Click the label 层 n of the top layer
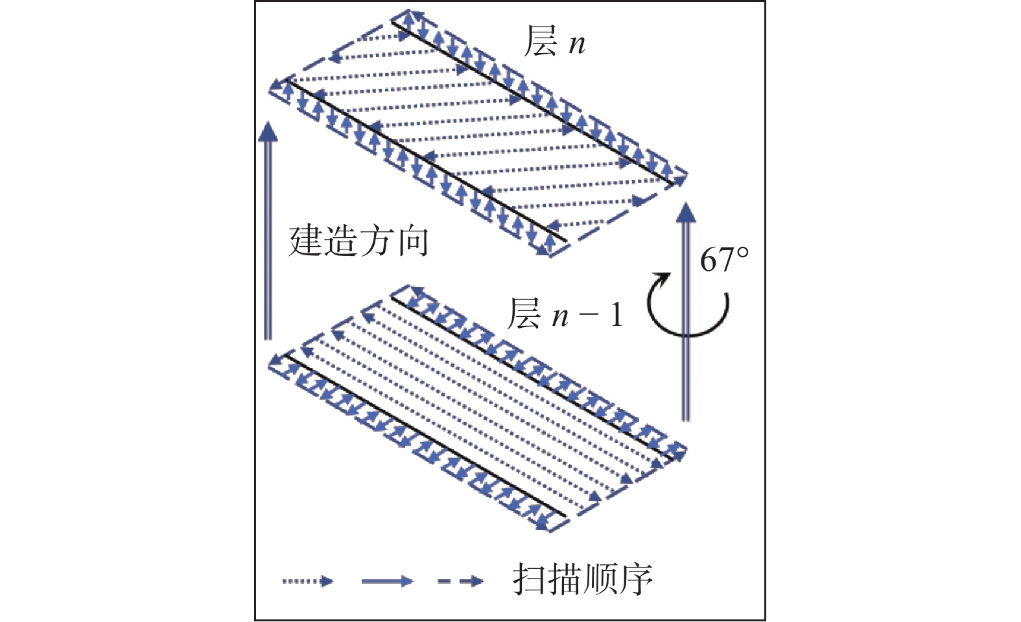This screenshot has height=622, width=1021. click(x=554, y=42)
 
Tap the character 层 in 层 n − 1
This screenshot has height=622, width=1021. click(x=524, y=314)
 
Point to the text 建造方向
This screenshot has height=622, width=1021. click(x=358, y=242)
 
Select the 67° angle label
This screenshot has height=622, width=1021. click(x=723, y=260)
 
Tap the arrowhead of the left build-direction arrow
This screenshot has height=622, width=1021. click(x=266, y=131)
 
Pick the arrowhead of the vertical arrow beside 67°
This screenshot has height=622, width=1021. click(x=685, y=213)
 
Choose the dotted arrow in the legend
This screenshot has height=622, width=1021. click(x=307, y=581)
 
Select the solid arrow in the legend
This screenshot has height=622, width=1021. click(x=386, y=581)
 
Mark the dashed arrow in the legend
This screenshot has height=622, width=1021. click(x=460, y=581)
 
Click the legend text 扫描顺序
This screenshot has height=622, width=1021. click(x=582, y=579)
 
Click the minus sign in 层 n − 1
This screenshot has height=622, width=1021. click(x=589, y=316)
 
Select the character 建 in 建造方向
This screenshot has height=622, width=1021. click(x=305, y=242)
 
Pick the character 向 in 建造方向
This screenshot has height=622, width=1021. click(x=412, y=242)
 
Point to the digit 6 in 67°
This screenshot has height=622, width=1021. click(x=709, y=260)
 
